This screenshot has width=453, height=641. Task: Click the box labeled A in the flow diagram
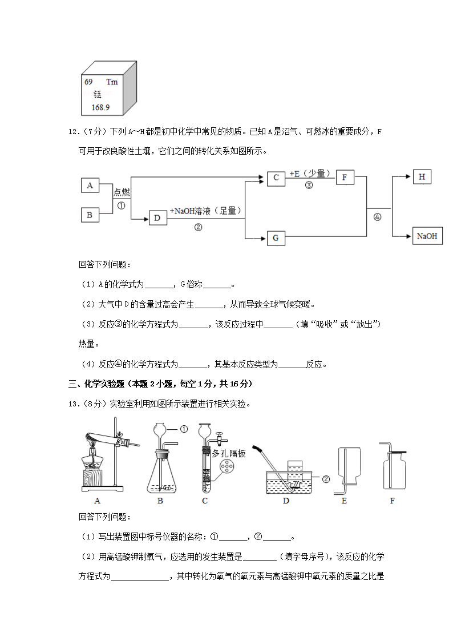point(90,185)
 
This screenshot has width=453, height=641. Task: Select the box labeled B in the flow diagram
point(90,215)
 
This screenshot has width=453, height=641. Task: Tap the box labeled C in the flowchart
point(276,178)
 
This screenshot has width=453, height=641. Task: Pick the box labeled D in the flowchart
point(157,217)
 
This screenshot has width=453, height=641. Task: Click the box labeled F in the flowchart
point(345,178)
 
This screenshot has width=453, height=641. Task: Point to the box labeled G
point(276,237)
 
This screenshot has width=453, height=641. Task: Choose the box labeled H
point(422,177)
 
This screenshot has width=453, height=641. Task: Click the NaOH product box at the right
point(427,236)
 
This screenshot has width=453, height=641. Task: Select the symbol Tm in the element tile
point(112,82)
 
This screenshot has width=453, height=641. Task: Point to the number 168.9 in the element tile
point(100,107)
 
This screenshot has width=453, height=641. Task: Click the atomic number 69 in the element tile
point(89,82)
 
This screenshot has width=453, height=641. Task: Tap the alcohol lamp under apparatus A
point(94,463)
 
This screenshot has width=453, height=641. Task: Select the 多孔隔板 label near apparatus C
point(228,453)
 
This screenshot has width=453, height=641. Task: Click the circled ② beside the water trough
point(326,479)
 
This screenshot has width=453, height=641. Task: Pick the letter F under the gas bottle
point(392,501)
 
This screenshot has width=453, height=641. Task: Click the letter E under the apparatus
point(344,501)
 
